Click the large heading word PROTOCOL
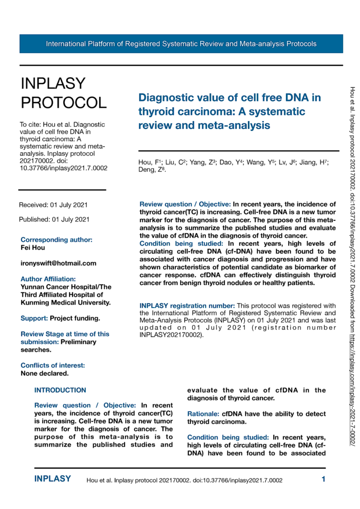tap(64, 102)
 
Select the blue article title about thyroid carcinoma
tap(230, 112)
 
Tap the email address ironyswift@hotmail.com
tap(59, 263)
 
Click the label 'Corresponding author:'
tap(56, 240)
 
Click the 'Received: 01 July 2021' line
tap(53, 205)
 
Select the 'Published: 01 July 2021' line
tap(54, 219)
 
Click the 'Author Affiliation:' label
tap(48, 279)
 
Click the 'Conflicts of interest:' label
tap(53, 366)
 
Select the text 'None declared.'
tap(45, 374)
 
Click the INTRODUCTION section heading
tap(60, 390)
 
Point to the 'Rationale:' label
tap(203, 414)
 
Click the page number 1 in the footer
tap(323, 479)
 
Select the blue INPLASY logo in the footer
tap(52, 479)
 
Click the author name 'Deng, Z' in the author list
tap(149, 171)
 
